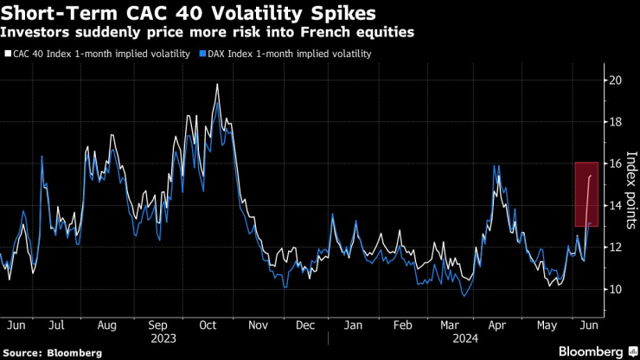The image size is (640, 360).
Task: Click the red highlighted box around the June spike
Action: click(586, 194)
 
